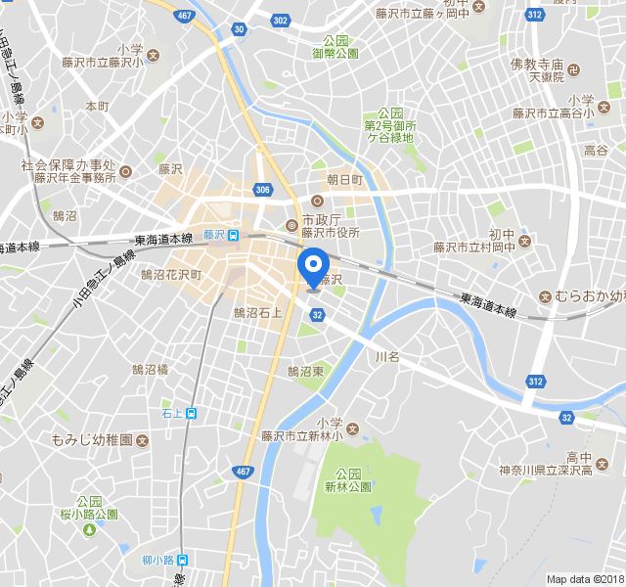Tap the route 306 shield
261,189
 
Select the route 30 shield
240,29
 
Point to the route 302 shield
281,20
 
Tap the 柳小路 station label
157,561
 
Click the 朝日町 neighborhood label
344,180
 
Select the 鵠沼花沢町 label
171,275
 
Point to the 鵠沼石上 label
257,313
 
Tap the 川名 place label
388,357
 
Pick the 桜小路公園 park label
89,514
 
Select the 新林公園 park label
348,486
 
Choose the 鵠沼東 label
305,372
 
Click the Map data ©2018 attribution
584,579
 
